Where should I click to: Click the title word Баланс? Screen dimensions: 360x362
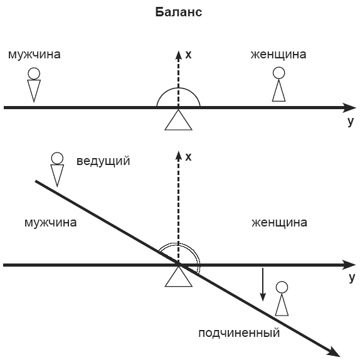coord(179,12)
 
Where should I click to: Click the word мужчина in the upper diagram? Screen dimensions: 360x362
coord(34,55)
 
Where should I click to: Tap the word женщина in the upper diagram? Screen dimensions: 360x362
coord(278,55)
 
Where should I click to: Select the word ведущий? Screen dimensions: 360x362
coord(103,161)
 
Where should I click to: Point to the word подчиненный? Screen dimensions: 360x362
coord(239,333)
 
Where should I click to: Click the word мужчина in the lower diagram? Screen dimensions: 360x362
coord(51,223)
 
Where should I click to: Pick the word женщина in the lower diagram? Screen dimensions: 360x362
coord(280,223)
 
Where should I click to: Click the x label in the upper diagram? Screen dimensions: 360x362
coord(188,55)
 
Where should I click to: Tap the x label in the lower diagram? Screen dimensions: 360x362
coord(188,157)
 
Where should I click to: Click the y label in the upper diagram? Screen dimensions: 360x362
coord(351,121)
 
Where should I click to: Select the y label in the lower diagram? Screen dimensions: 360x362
coord(351,277)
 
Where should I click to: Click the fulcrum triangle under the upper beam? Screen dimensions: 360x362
coord(178,120)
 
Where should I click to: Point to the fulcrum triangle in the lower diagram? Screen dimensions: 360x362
coord(178,276)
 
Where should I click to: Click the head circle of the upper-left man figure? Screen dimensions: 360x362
coord(34,73)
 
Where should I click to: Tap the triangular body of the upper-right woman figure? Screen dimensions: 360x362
coord(278,91)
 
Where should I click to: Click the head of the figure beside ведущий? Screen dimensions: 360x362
coord(57,158)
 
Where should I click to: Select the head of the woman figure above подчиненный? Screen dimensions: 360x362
coord(282,287)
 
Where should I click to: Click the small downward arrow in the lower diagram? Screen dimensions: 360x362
coord(263,285)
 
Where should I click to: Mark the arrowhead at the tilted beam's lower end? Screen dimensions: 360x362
coord(334,352)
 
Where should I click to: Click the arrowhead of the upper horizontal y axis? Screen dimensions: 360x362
coord(349,107)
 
